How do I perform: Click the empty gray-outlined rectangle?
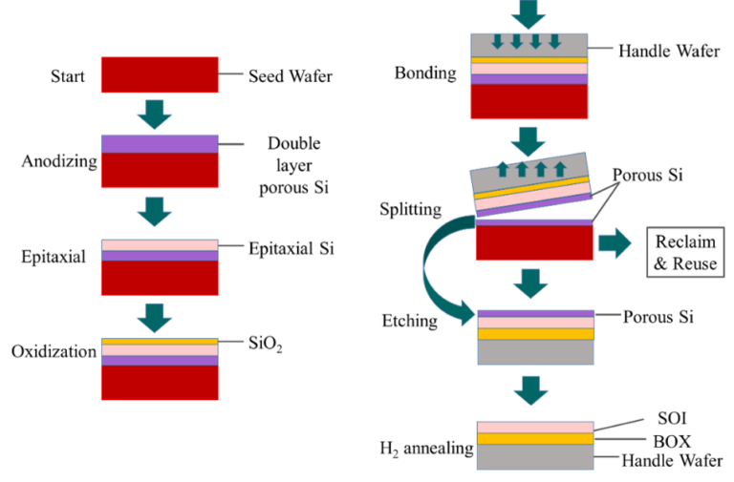pos(685,252)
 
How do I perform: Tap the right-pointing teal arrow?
pos(614,242)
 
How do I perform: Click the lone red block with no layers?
pos(160,74)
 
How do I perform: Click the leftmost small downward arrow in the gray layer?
pos(497,40)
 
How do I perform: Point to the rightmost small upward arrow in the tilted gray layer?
pos(560,169)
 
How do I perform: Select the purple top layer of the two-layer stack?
pos(160,143)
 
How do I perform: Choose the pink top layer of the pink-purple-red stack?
pos(160,245)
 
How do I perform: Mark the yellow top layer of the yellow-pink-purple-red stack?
pos(160,341)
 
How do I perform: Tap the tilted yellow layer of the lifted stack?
pos(530,184)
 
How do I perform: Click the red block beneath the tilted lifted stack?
pos(534,243)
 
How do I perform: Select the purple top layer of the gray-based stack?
pos(535,313)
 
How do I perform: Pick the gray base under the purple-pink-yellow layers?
pos(535,352)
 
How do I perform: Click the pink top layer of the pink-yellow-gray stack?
pos(535,427)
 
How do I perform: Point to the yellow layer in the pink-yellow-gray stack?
pos(535,439)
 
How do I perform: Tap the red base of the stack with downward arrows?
pos(529,102)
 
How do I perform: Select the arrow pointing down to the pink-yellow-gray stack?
pos(530,389)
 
